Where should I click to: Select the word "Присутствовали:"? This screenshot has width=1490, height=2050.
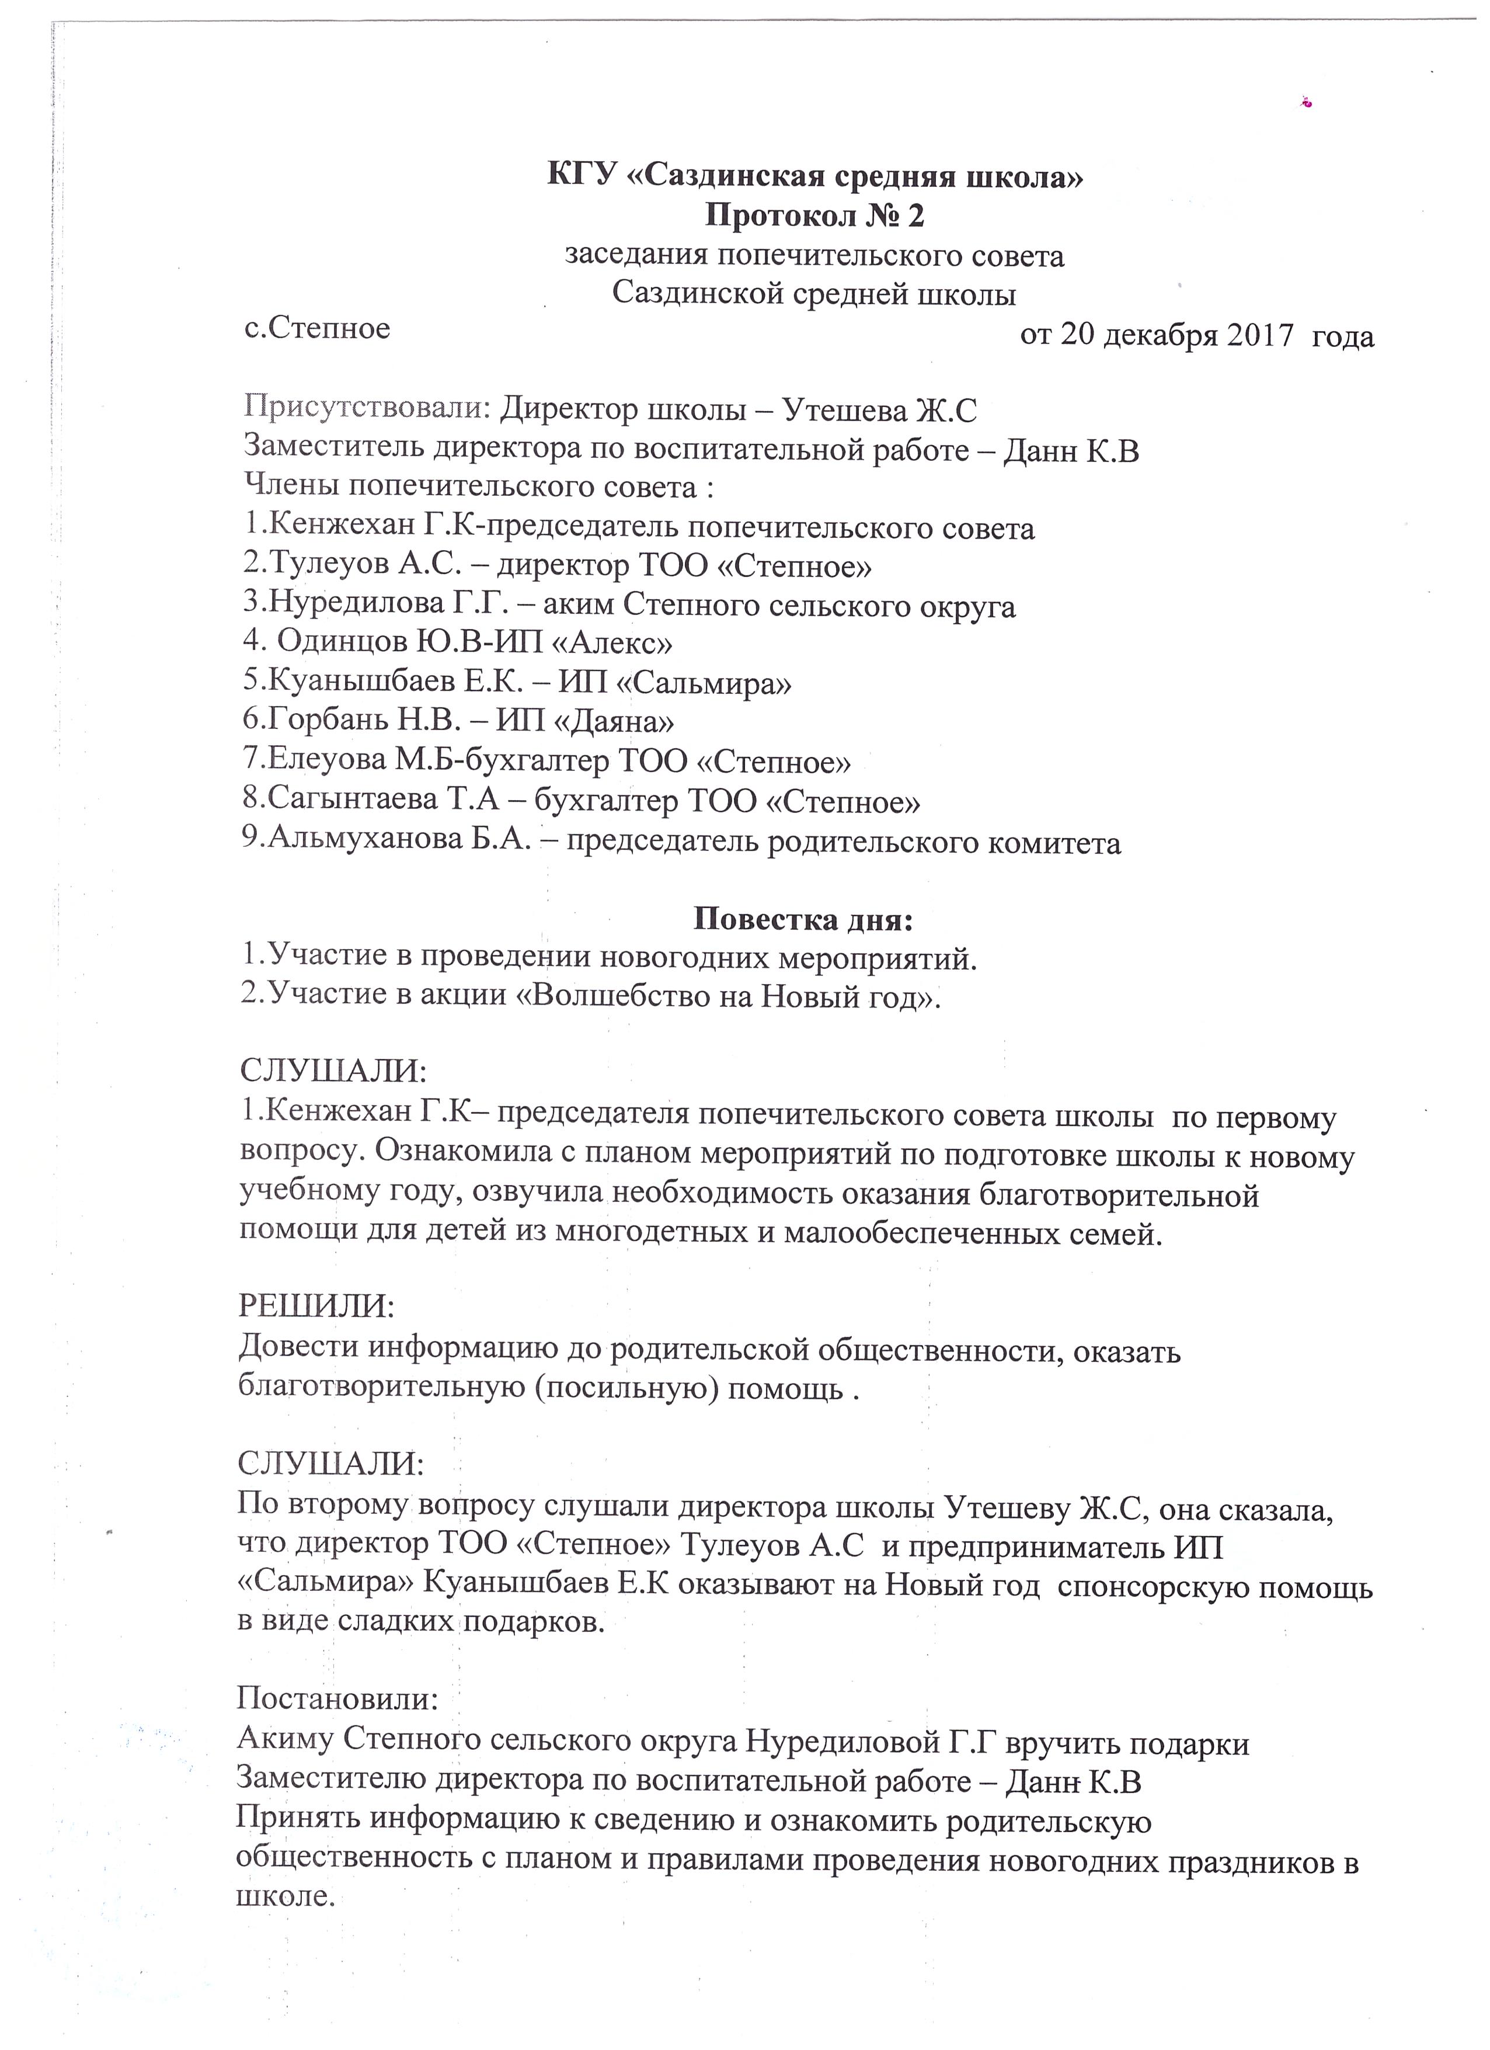[368, 411]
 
